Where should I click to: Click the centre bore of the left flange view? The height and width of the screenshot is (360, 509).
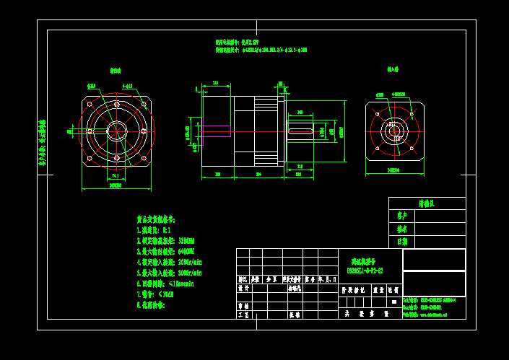tap(116, 130)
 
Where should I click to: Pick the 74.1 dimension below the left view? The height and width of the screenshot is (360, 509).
tap(116, 175)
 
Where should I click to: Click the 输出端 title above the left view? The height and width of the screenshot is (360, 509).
tap(116, 71)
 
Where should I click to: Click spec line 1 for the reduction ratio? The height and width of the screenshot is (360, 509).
tap(155, 228)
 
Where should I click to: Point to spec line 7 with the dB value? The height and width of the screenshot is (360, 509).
tap(156, 294)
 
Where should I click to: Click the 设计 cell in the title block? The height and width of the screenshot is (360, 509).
tap(243, 287)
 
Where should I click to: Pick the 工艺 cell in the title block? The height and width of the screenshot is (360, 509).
tap(243, 315)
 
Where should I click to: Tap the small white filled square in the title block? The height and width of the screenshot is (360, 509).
tap(395, 301)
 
